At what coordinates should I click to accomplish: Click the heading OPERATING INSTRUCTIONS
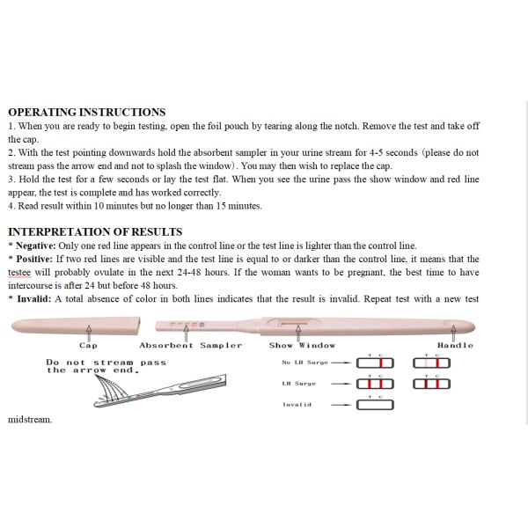click(x=86, y=113)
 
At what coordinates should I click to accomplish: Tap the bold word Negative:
click(x=33, y=246)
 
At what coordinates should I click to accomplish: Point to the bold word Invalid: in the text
click(x=31, y=299)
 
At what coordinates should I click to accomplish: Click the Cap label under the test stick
click(x=88, y=345)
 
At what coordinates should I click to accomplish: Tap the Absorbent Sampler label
click(x=190, y=345)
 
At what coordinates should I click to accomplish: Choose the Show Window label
click(x=302, y=345)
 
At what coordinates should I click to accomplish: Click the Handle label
click(x=455, y=345)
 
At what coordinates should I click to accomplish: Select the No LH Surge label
click(x=303, y=363)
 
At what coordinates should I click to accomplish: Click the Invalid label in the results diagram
click(x=297, y=405)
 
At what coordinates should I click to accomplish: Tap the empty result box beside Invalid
click(x=375, y=405)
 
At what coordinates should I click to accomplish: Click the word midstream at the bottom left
click(x=30, y=420)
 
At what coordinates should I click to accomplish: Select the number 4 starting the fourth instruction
click(x=11, y=206)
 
